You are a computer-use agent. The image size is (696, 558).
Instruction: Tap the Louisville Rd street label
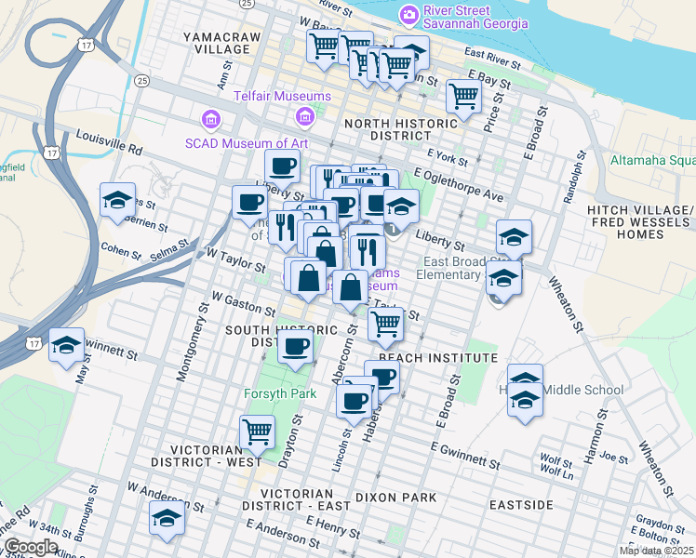(x=109, y=142)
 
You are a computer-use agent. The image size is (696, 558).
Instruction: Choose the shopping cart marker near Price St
(x=463, y=96)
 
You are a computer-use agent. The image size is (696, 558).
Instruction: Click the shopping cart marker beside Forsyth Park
(x=257, y=432)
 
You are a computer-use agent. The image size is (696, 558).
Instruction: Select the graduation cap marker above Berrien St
(x=118, y=200)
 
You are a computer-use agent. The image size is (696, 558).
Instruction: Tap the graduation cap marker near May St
(x=66, y=345)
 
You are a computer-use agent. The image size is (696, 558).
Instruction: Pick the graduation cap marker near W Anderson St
(x=167, y=518)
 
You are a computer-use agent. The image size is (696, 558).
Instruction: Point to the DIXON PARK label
(x=396, y=498)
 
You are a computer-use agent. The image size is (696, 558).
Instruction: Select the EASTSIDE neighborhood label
(x=521, y=505)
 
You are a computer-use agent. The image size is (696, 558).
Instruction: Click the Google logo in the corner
(x=31, y=547)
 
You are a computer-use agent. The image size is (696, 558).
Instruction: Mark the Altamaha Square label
(x=651, y=160)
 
